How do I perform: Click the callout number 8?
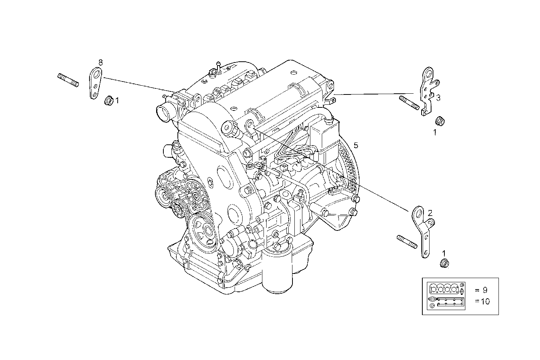coord(101,62)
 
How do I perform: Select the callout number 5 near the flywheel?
coord(356,145)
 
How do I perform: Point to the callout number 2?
coord(430,213)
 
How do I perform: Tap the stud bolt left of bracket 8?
coord(69,80)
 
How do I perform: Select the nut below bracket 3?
coord(440,121)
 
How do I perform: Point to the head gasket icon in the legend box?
coord(444,288)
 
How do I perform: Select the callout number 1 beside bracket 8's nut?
coord(117,101)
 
